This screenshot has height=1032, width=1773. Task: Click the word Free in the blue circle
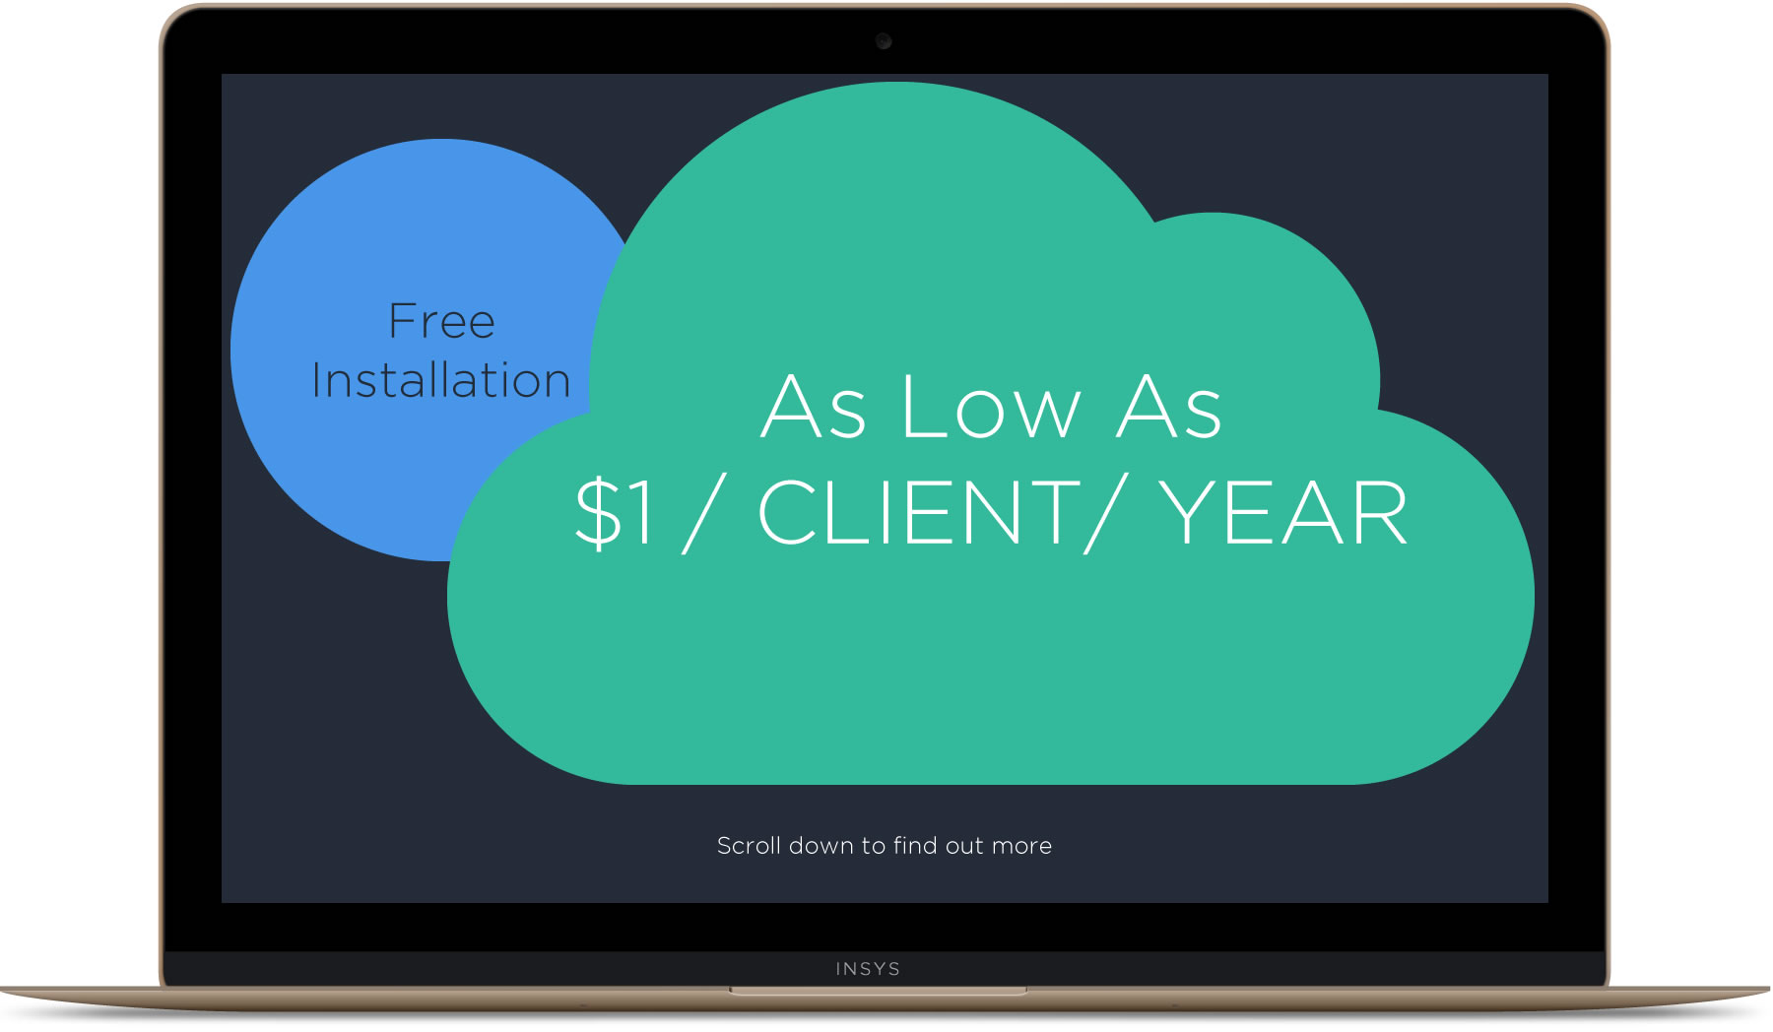point(441,321)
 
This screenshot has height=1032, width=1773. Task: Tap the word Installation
point(441,380)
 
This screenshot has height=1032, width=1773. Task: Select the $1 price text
point(615,512)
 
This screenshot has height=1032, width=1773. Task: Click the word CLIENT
point(919,512)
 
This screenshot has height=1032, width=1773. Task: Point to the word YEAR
point(1282,512)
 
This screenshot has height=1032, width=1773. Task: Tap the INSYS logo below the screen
point(868,969)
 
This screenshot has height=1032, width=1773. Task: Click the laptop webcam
point(884,40)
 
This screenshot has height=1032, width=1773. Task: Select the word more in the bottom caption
point(1021,847)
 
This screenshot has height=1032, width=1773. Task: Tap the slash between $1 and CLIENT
point(704,512)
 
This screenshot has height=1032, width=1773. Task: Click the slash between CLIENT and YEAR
point(1103,512)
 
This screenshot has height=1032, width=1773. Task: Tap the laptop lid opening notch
point(879,990)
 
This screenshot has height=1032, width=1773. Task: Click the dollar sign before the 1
point(598,512)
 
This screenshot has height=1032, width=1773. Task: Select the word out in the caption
point(964,847)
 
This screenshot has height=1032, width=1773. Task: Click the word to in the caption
point(874,847)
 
